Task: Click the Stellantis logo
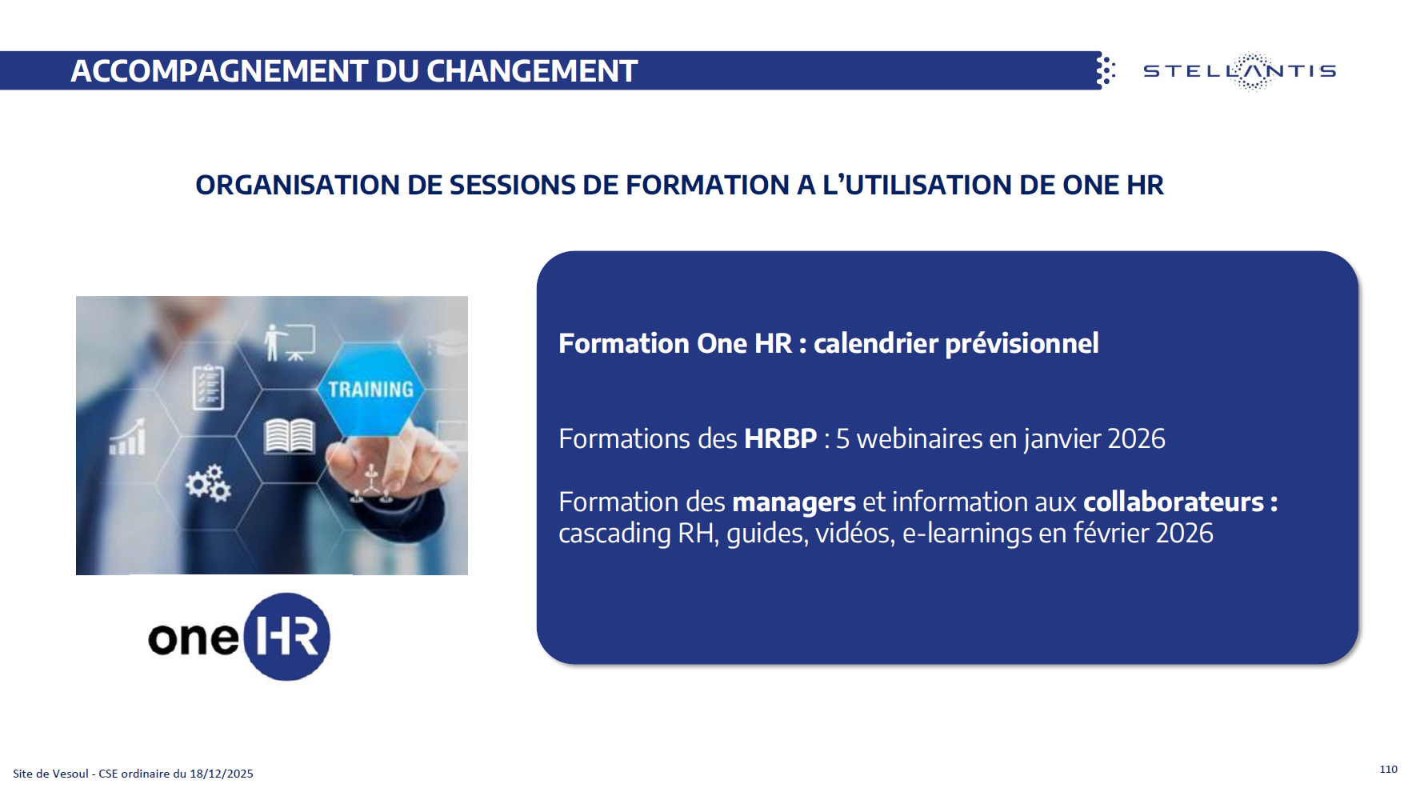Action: [x=1239, y=71]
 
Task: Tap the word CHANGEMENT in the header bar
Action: [x=532, y=71]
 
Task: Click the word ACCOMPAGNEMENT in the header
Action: [x=219, y=71]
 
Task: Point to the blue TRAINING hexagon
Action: [x=370, y=390]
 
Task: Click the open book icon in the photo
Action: [x=290, y=436]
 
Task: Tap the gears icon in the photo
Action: [x=208, y=482]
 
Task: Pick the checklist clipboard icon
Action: [x=208, y=387]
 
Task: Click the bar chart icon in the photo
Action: [x=128, y=437]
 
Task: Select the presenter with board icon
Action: [x=290, y=342]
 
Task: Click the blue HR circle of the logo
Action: [x=286, y=637]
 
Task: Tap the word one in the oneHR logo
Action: [x=194, y=638]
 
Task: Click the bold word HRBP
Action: [x=780, y=438]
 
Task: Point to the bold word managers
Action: [x=794, y=502]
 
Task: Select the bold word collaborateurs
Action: [x=1174, y=502]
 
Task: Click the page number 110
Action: [x=1388, y=769]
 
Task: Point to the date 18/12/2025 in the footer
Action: [x=222, y=774]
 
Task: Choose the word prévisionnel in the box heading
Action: [x=1022, y=343]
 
